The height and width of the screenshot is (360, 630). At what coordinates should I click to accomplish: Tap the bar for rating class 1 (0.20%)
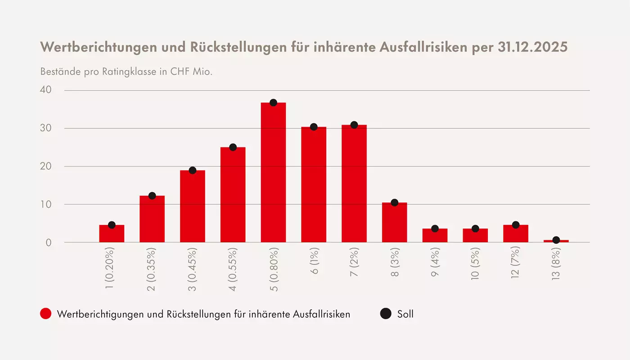point(112,234)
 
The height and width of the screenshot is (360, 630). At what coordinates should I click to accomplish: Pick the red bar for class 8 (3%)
point(395,222)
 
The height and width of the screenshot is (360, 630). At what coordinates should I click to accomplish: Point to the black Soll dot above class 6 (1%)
point(314,127)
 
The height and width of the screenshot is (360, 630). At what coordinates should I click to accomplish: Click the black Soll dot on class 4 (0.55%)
point(233,147)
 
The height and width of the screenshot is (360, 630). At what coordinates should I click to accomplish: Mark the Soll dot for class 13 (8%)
point(556,240)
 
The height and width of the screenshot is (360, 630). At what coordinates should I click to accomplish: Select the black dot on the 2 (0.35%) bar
point(152,196)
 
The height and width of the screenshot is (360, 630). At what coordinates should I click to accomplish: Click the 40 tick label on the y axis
point(46,90)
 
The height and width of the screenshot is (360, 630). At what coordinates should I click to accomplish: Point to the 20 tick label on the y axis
point(46,166)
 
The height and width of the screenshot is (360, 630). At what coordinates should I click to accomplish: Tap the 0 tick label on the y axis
point(49,243)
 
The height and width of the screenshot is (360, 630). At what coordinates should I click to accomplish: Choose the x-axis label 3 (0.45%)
point(193,269)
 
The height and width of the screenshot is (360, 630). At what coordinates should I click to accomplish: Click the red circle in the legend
point(46,314)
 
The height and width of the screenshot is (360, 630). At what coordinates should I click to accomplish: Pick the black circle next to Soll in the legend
point(386,314)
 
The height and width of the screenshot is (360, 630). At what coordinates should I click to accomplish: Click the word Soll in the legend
point(405,314)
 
